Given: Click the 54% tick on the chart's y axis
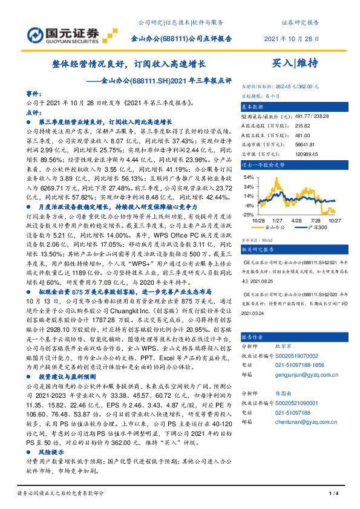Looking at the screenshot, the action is point(248,178).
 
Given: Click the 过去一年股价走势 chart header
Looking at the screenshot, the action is point(264,164).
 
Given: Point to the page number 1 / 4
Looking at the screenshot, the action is point(332,495).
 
